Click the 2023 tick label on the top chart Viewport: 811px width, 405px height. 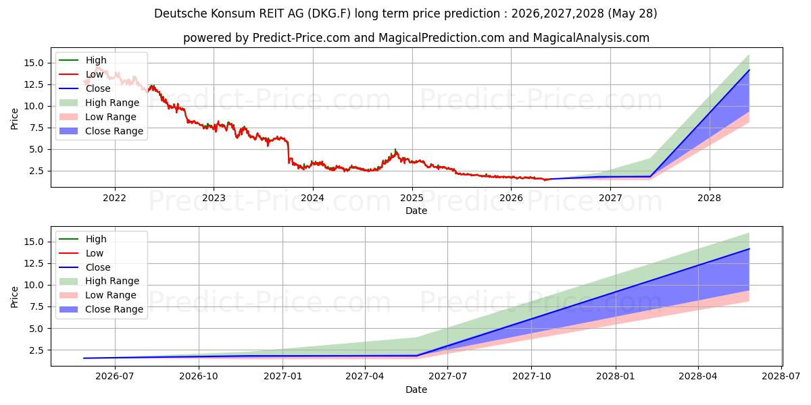point(214,198)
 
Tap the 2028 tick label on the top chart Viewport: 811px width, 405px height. point(709,198)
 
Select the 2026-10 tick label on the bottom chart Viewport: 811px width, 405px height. point(199,377)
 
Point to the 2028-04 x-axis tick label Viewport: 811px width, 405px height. point(698,377)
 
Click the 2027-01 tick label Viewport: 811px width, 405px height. point(282,377)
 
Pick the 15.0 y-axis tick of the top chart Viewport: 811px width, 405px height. point(34,63)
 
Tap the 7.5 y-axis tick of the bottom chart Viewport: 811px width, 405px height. point(36,306)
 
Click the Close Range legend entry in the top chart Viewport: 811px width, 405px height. point(101,131)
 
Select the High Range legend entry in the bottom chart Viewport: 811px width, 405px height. point(99,281)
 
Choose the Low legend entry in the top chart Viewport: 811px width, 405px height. point(81,74)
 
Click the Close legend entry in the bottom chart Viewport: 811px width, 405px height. point(84,267)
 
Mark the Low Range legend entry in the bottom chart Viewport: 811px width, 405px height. point(97,295)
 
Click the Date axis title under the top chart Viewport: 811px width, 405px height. point(416,211)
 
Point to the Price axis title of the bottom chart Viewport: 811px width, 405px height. point(14,297)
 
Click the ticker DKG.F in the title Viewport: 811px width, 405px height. point(329,13)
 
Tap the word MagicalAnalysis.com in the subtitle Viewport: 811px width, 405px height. point(591,38)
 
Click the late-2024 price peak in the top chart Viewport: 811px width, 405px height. point(395,150)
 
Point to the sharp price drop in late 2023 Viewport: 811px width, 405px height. point(289,153)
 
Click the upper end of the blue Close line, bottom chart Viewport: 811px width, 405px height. point(749,249)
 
